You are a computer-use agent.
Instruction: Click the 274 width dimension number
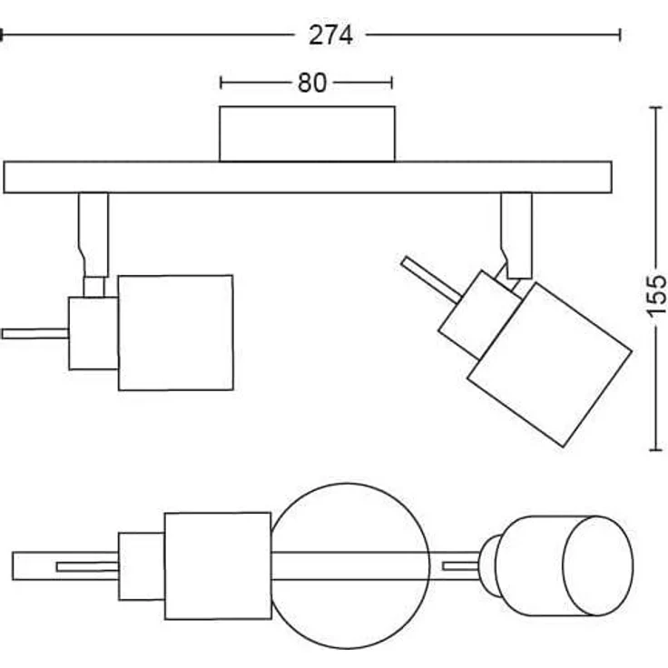(330, 35)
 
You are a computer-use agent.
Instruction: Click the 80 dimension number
(311, 83)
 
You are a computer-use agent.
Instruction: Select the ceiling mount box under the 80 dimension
(307, 134)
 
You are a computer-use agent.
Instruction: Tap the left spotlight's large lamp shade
(175, 332)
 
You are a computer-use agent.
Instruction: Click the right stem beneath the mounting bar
(516, 231)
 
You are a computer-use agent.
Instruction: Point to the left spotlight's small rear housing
(93, 332)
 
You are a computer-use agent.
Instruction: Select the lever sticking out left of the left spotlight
(34, 333)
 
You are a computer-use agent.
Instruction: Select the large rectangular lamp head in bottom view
(218, 565)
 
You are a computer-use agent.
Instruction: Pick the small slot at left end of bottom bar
(86, 567)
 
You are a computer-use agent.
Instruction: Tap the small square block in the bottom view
(142, 565)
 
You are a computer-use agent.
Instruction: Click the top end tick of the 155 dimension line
(655, 107)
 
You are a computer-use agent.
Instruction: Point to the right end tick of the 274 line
(620, 35)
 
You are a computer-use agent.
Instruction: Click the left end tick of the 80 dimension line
(221, 83)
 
